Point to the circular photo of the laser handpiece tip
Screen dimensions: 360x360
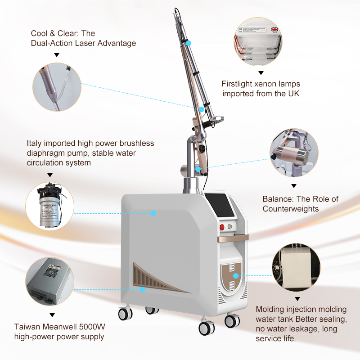pos(57,87)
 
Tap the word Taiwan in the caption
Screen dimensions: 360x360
pos(25,327)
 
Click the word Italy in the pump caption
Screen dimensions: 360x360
pos(34,143)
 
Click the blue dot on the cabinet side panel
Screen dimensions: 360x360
pos(153,213)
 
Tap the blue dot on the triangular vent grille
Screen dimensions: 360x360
pos(143,289)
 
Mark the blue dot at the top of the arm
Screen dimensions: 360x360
pos(189,43)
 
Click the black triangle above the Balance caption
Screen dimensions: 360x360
pos(294,185)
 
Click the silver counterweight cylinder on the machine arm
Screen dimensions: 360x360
pos(185,171)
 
